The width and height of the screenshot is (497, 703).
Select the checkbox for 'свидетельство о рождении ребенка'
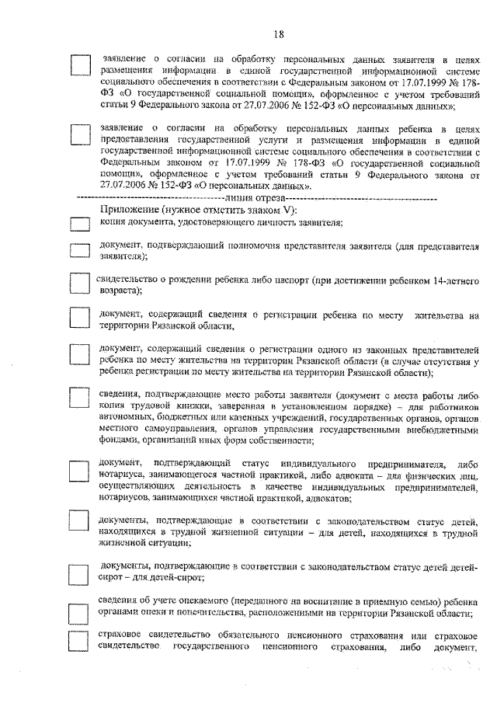point(80,284)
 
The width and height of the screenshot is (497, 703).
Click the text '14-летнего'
point(454,277)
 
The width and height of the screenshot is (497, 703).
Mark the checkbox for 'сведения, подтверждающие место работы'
point(80,397)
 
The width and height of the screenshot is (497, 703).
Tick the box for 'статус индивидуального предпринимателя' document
point(80,472)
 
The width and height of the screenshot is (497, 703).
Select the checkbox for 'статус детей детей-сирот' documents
point(80,573)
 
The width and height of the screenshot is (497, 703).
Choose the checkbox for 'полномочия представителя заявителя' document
point(80,250)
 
